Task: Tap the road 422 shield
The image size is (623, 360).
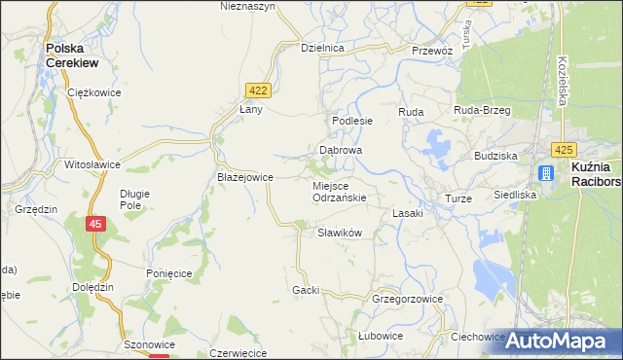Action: (258, 90)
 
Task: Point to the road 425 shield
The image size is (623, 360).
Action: (563, 150)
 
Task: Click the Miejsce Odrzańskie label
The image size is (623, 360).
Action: (339, 191)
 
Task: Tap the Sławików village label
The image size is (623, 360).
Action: (340, 233)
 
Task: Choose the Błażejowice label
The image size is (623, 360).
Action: (244, 177)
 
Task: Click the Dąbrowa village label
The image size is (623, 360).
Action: (341, 151)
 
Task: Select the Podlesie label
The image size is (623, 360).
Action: (352, 121)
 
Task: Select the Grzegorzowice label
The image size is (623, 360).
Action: (407, 300)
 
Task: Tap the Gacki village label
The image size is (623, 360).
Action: (306, 290)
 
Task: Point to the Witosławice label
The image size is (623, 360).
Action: (91, 165)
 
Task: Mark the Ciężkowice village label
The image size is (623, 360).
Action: (92, 92)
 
